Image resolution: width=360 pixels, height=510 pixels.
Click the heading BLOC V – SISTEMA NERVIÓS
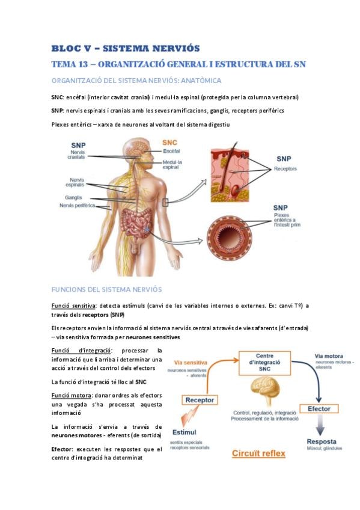(126, 49)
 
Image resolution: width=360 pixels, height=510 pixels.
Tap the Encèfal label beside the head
(171, 151)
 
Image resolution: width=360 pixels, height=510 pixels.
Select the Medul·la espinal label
(172, 165)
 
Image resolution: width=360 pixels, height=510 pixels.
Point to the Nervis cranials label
(76, 155)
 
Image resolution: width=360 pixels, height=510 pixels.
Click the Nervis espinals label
(75, 182)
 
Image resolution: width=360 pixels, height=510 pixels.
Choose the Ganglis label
(73, 197)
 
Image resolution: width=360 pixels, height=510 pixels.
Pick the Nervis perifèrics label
(78, 206)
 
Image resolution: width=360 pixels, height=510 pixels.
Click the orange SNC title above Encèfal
(169, 143)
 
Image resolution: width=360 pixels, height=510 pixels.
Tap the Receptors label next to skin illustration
(285, 169)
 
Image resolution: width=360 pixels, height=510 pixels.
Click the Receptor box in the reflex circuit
(200, 400)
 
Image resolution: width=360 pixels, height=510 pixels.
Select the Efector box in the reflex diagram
(319, 409)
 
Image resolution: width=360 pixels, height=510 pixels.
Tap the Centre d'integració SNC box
(265, 363)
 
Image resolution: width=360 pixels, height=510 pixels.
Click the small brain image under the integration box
(265, 392)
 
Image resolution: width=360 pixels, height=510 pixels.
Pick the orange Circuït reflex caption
(258, 453)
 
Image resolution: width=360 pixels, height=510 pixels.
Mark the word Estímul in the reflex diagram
(185, 432)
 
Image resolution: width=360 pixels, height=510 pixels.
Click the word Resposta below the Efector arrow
(322, 441)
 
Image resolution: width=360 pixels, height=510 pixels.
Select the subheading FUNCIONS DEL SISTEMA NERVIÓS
(106, 289)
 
